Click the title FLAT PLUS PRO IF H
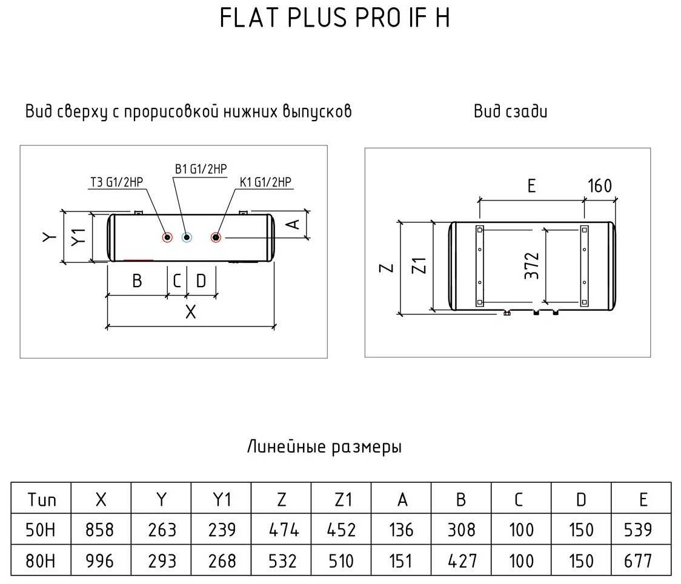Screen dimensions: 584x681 point(334,19)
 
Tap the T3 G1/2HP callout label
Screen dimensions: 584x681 point(120,182)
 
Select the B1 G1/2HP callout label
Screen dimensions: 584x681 point(201,170)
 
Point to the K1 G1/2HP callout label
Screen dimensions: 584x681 point(266,182)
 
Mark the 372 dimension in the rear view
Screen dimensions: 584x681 point(531,265)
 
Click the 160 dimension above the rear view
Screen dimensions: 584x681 point(600,185)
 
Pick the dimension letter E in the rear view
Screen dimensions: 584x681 point(531,185)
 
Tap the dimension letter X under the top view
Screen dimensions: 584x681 point(190,313)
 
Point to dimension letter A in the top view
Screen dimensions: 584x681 point(293,224)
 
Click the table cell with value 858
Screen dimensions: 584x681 point(101,530)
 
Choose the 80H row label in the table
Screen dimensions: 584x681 point(41,560)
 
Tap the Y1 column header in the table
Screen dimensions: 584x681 point(221,499)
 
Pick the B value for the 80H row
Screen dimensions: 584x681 point(461,560)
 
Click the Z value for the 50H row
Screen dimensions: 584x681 point(281,530)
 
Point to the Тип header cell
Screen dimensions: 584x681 point(41,499)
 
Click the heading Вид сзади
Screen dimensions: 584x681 point(510,111)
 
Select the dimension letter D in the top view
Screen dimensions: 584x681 point(201,280)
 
